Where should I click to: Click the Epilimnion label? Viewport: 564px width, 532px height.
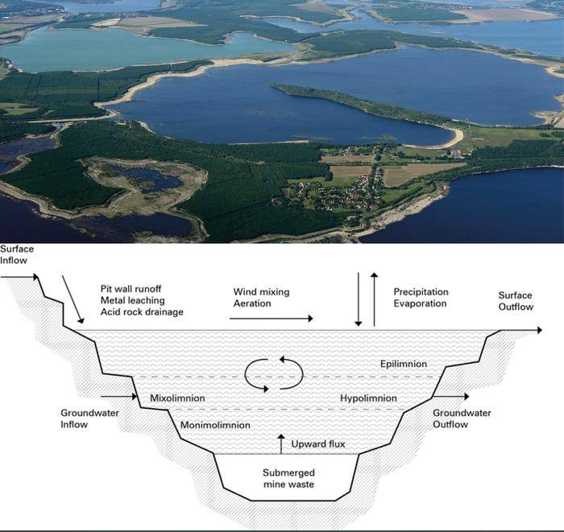(404, 364)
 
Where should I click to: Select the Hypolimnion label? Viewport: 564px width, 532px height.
(368, 398)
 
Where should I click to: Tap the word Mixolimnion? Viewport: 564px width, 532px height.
(177, 398)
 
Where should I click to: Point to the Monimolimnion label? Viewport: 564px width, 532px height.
(215, 425)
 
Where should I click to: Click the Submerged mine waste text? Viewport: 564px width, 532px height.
(288, 478)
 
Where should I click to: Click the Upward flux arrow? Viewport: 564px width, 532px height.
(281, 444)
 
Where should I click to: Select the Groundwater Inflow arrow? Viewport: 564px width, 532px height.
(118, 397)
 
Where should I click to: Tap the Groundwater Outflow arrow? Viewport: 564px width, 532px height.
(451, 397)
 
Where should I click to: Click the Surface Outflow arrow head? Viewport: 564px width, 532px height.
(540, 330)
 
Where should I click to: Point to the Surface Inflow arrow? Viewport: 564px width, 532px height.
(19, 277)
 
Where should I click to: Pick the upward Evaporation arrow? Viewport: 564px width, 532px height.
(375, 299)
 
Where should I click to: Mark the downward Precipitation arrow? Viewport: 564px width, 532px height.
(359, 299)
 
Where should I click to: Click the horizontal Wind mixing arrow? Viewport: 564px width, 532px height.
(272, 318)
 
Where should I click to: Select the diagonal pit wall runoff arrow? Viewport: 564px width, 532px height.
(73, 299)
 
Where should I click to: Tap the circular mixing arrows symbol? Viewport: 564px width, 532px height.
(274, 374)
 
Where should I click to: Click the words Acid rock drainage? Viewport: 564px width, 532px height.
(142, 311)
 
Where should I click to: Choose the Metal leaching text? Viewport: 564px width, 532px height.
(133, 300)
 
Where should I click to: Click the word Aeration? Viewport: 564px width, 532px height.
(252, 303)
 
